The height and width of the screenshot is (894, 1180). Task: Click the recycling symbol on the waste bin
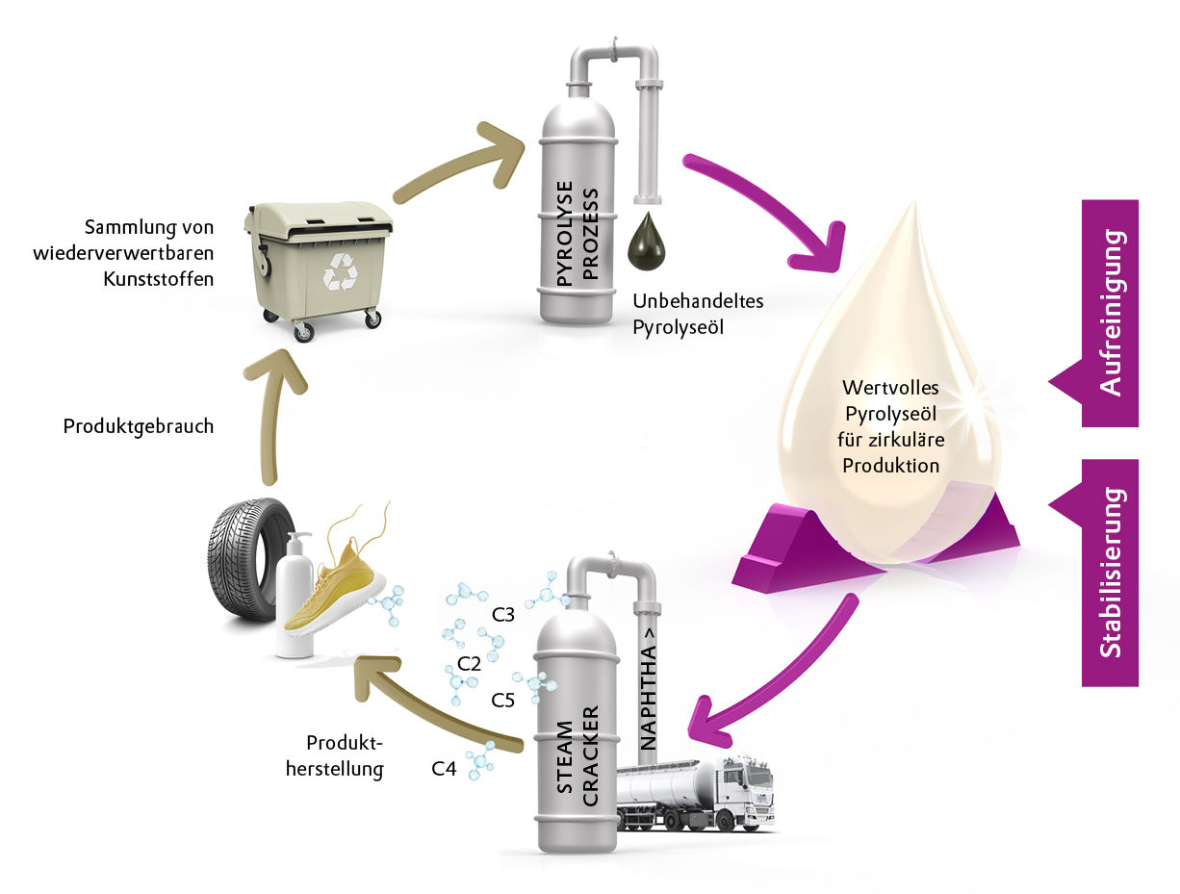(340, 272)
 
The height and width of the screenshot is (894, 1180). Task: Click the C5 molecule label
(502, 700)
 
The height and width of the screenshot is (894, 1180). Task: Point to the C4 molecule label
(443, 768)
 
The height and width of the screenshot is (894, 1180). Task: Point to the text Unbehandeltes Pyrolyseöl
(697, 314)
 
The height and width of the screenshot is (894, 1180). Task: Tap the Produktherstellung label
(345, 755)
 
